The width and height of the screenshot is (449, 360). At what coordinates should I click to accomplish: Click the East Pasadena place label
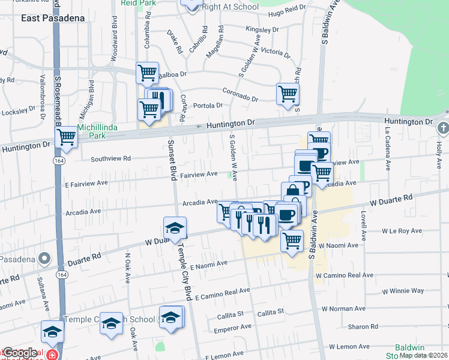point(52,18)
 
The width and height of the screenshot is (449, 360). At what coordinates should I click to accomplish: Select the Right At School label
point(231,7)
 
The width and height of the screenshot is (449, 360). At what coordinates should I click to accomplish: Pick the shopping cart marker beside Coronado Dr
point(288,94)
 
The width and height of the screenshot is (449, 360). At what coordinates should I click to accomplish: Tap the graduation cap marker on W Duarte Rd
point(175,228)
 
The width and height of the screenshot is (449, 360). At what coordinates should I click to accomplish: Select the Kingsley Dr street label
point(262,29)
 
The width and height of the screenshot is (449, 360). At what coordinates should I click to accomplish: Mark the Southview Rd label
point(110,159)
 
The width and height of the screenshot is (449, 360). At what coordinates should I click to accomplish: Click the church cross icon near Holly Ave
point(442,128)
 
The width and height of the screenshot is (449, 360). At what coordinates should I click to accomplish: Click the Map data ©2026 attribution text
point(423,355)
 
